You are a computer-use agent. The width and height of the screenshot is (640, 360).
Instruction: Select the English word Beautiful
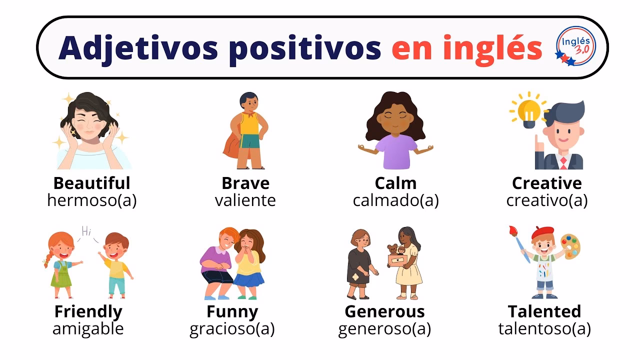pos(91,183)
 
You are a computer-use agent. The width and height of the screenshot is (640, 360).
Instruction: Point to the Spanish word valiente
pos(245,200)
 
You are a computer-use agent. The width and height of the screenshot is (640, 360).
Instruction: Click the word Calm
pos(395,183)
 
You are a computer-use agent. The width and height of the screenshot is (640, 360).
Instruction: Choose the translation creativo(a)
pos(546,200)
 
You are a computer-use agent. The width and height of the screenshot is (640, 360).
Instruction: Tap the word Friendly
pos(88,311)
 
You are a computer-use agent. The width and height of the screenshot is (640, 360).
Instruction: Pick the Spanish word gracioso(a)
pos(232,329)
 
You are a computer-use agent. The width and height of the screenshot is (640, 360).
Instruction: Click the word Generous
pos(384,311)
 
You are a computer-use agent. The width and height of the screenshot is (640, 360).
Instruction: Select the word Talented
pos(544,311)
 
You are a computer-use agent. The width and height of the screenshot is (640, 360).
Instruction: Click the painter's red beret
pos(542,232)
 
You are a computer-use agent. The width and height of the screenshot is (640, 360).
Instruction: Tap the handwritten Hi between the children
pos(86,231)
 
